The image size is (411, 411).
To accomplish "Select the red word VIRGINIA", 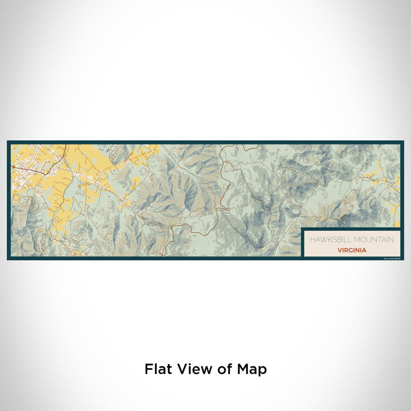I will point(352,250).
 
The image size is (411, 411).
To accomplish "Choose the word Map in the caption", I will point(252,369).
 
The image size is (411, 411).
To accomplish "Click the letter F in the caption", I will point(147,369).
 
